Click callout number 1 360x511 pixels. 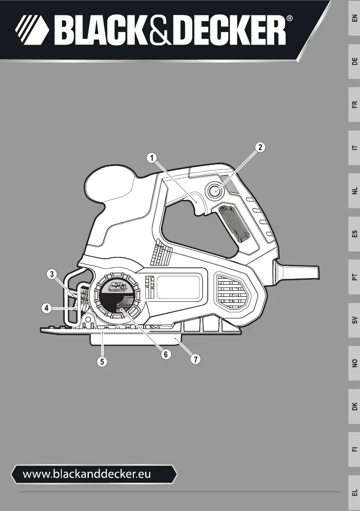(151, 158)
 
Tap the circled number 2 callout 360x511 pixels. (260, 147)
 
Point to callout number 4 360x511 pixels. (47, 308)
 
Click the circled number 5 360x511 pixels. (102, 361)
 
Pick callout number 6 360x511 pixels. (166, 354)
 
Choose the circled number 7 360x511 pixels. (196, 359)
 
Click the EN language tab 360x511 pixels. (354, 18)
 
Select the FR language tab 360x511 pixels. (354, 104)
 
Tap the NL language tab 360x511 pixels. (354, 190)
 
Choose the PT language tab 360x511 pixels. (354, 277)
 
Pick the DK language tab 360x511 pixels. (354, 406)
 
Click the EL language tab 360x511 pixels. (354, 493)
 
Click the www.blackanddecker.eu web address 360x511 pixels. (87, 474)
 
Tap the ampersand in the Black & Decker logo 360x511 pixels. (160, 31)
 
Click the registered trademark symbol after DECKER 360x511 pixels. (289, 19)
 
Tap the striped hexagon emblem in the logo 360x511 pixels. (32, 30)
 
